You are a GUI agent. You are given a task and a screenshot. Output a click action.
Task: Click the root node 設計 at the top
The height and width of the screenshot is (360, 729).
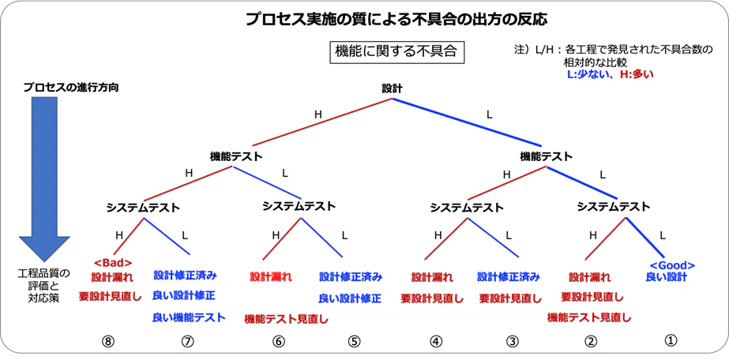(393, 89)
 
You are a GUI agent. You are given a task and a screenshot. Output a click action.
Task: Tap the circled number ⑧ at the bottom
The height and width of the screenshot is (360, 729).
(109, 341)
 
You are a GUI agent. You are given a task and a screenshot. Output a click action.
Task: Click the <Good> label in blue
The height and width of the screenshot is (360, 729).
(667, 264)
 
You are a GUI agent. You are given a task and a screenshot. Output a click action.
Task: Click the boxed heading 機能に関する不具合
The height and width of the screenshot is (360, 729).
(396, 52)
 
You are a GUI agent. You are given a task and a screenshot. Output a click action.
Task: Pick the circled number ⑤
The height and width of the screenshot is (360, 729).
(353, 341)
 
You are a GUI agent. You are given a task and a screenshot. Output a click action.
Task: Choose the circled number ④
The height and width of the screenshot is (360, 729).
(434, 341)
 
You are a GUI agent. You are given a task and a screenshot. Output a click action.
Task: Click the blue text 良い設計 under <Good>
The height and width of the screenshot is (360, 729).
(667, 277)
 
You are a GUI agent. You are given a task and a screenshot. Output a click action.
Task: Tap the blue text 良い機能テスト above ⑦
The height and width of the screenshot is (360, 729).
(189, 317)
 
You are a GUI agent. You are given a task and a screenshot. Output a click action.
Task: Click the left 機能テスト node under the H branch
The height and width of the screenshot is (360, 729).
(236, 156)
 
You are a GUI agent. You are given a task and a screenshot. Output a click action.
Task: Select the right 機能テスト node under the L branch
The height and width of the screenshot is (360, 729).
(547, 156)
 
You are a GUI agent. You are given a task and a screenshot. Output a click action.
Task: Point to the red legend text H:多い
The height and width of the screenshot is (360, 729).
(637, 75)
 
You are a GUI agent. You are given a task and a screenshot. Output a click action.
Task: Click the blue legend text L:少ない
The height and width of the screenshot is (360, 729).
(588, 75)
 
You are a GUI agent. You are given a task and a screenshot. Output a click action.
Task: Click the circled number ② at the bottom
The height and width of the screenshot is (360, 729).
(589, 341)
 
